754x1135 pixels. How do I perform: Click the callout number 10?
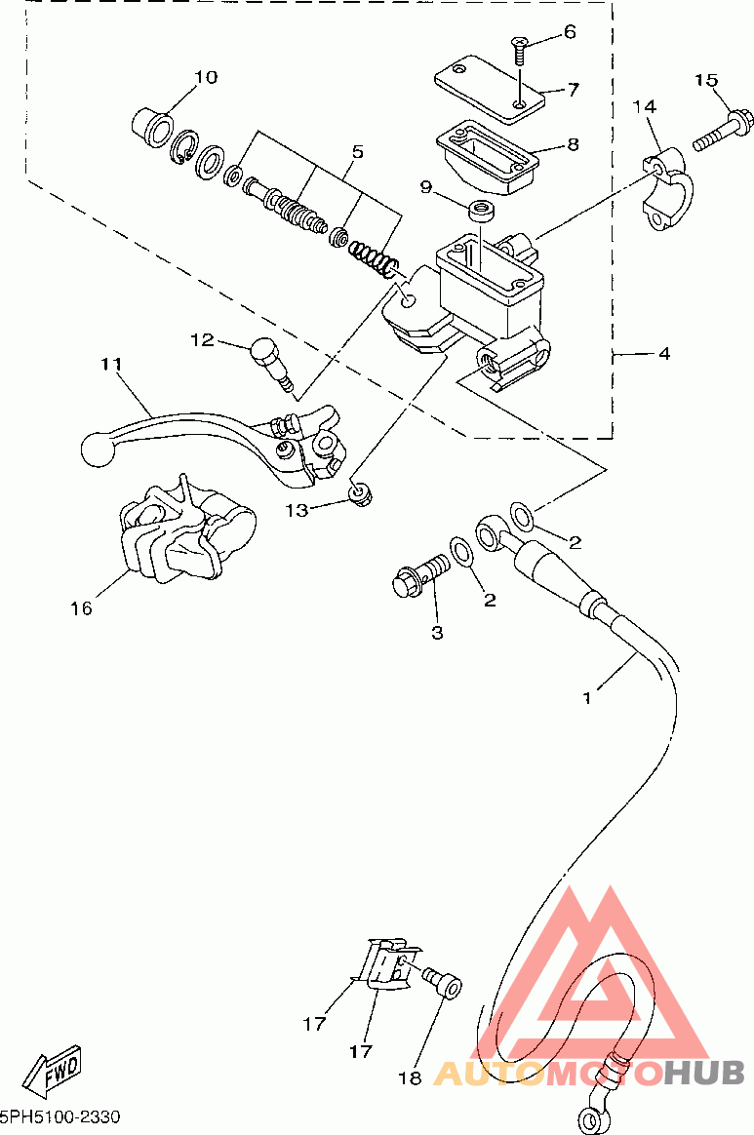pyautogui.click(x=206, y=77)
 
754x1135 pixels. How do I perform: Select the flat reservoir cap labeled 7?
pyautogui.click(x=489, y=86)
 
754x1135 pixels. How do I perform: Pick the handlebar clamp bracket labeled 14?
pyautogui.click(x=668, y=188)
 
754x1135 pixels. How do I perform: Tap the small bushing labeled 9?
pyautogui.click(x=480, y=212)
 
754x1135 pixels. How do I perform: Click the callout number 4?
pyautogui.click(x=664, y=355)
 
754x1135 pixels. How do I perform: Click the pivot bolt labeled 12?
pyautogui.click(x=271, y=366)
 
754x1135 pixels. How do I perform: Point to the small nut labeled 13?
pyautogui.click(x=359, y=493)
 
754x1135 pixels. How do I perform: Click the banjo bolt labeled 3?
pyautogui.click(x=419, y=574)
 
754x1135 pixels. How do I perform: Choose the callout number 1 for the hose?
pyautogui.click(x=586, y=698)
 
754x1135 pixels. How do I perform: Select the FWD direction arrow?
pyautogui.click(x=53, y=1071)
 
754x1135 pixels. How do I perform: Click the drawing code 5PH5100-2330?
pyautogui.click(x=60, y=1117)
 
